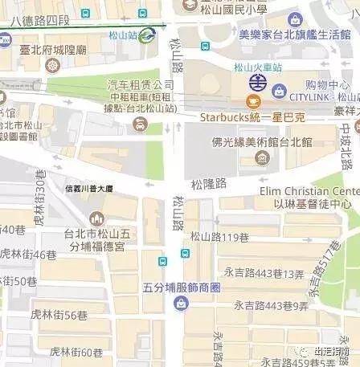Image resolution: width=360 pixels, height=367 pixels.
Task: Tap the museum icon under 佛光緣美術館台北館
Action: (264, 157)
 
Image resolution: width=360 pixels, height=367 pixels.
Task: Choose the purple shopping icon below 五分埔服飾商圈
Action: (182, 302)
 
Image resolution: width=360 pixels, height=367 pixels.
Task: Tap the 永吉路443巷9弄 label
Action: (272, 305)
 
